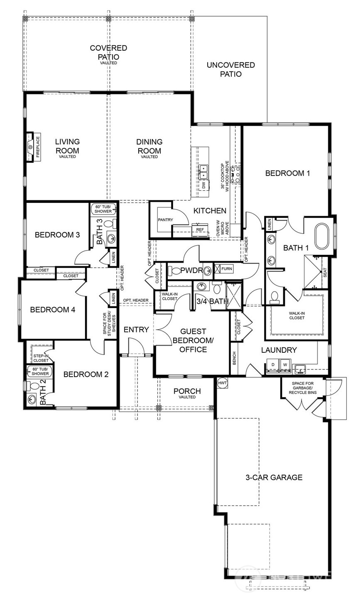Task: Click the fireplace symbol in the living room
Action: click(x=30, y=148)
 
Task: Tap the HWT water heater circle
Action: click(x=222, y=382)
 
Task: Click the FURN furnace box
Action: click(x=226, y=269)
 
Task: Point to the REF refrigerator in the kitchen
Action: click(x=200, y=229)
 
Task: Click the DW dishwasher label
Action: click(x=203, y=185)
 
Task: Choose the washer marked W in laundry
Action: click(x=285, y=364)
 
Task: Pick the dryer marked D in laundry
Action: click(x=273, y=364)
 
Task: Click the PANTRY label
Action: click(x=165, y=219)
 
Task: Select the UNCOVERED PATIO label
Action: click(x=230, y=70)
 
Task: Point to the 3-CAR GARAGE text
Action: click(x=274, y=477)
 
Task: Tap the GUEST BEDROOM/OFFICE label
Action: click(x=193, y=340)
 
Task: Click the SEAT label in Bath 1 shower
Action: click(x=325, y=273)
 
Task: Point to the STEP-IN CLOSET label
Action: click(x=41, y=358)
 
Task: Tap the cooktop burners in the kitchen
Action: click(x=235, y=174)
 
